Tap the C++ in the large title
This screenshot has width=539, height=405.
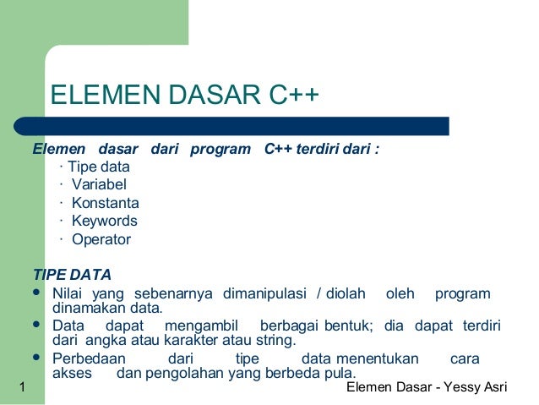click(x=294, y=97)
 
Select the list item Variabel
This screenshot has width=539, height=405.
click(x=99, y=184)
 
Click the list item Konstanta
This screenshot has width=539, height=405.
click(x=106, y=203)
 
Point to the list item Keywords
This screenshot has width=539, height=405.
click(x=105, y=221)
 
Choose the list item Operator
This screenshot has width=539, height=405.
click(x=101, y=239)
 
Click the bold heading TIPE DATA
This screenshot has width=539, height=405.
click(x=71, y=276)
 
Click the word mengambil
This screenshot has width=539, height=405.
click(x=203, y=326)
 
